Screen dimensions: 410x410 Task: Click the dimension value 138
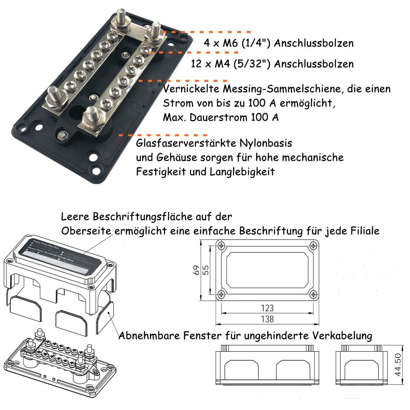(x=268, y=319)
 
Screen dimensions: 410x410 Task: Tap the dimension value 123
(x=268, y=308)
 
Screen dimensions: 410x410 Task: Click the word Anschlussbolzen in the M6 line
(x=314, y=43)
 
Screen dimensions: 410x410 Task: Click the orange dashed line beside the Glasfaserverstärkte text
(x=163, y=135)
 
